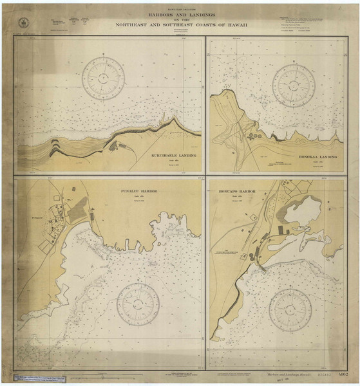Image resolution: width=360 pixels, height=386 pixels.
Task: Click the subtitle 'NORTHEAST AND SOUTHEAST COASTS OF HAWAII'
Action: click(x=180, y=26)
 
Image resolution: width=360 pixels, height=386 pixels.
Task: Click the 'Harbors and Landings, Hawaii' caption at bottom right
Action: click(x=281, y=374)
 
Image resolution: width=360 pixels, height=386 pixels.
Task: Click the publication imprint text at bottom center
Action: click(x=180, y=373)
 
